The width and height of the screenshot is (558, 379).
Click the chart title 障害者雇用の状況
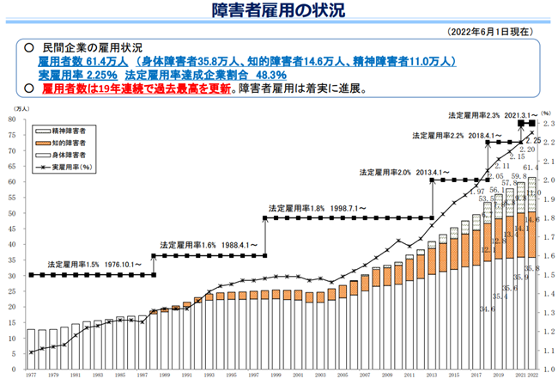click(x=280, y=10)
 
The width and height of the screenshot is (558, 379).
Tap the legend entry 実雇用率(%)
click(x=75, y=165)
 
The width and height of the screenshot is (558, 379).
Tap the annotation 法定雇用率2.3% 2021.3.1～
click(x=481, y=114)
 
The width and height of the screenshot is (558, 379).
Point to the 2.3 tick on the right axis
click(x=545, y=125)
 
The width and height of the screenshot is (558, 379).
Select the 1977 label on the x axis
click(x=32, y=375)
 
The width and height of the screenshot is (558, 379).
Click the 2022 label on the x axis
click(x=533, y=375)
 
